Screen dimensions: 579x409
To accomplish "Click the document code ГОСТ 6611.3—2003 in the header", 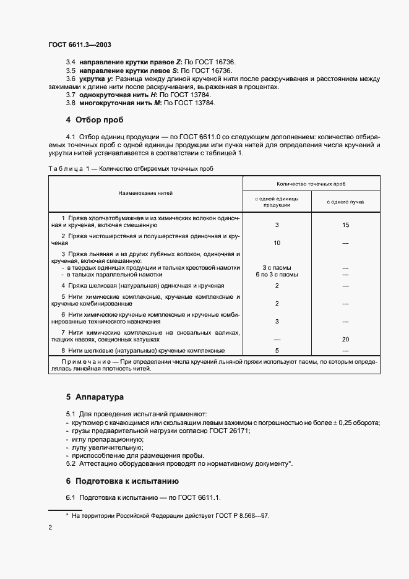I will click(x=79, y=45).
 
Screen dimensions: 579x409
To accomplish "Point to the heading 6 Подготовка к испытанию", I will click(x=123, y=480).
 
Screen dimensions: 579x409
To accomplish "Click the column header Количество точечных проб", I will click(x=311, y=184).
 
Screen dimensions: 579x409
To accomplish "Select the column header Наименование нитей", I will click(x=145, y=193).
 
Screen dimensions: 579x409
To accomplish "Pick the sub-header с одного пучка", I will click(x=345, y=202).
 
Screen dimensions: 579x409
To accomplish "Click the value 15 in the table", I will click(x=345, y=225).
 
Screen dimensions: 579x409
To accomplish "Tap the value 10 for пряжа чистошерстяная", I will click(x=277, y=242).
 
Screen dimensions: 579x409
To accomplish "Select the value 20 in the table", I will click(x=345, y=339).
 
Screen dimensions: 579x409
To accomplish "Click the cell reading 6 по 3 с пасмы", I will click(x=277, y=274).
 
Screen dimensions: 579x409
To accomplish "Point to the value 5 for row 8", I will click(x=277, y=350).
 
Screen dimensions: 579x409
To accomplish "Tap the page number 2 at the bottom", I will click(x=50, y=528).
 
